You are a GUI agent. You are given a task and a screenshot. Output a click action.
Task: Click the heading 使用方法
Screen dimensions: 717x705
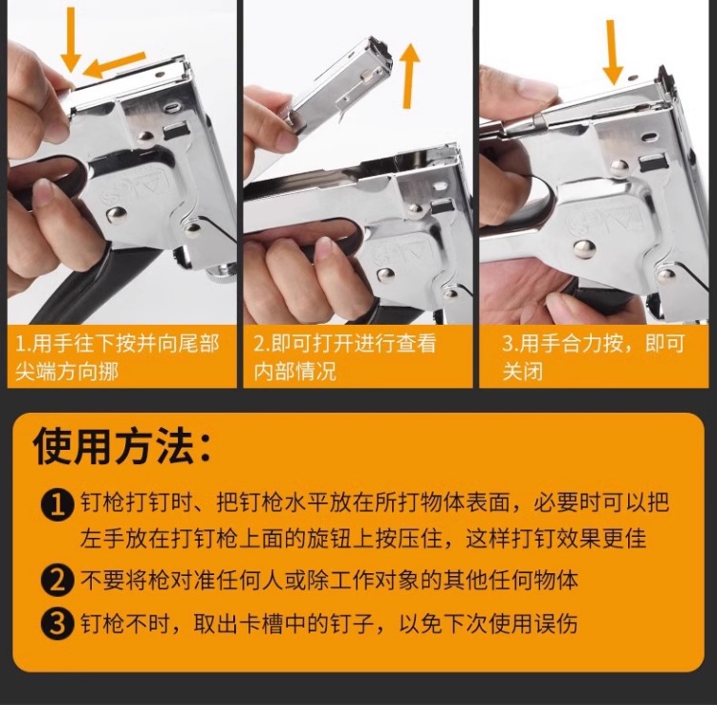(x=122, y=446)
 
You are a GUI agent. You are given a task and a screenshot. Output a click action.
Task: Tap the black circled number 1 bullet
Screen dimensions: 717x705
(x=56, y=505)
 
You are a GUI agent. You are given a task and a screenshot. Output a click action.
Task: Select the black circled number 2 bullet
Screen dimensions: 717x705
(x=56, y=581)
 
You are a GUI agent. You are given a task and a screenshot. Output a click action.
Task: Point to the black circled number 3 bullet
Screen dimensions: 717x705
(x=56, y=624)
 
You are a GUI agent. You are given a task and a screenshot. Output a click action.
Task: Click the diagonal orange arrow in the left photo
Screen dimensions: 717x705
(x=115, y=65)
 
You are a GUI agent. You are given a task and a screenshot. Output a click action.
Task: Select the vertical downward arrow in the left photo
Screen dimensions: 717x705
(x=71, y=40)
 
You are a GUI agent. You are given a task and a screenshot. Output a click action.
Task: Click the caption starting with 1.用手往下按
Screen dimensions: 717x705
(x=118, y=358)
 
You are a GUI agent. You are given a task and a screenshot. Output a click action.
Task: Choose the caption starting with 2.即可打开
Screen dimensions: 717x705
(x=345, y=358)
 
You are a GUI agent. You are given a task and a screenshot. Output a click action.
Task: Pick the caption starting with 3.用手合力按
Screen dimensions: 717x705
(x=593, y=358)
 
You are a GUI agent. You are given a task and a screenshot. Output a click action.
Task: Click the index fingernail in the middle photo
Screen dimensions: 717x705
(x=326, y=247)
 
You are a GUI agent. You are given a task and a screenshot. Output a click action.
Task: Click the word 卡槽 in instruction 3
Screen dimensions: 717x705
(x=261, y=623)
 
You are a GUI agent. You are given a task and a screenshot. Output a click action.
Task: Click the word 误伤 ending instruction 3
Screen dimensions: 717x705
(x=555, y=623)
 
